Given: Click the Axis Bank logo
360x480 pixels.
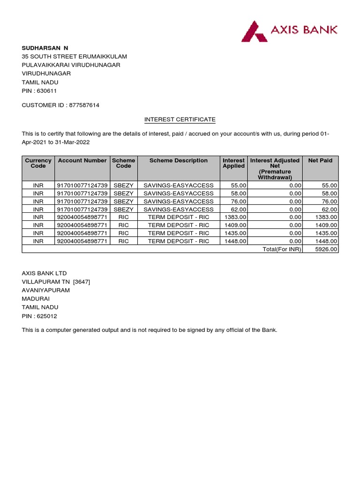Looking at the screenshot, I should pyautogui.click(x=289, y=30).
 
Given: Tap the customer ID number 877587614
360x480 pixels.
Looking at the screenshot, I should pyautogui.click(x=84, y=105).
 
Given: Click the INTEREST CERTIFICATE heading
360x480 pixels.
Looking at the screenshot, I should pyautogui.click(x=180, y=120).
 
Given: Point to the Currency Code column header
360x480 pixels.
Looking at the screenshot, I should pyautogui.click(x=38, y=163).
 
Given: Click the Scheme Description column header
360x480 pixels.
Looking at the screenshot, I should pyautogui.click(x=178, y=160).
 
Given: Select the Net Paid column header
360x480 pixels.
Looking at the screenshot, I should pyautogui.click(x=320, y=160).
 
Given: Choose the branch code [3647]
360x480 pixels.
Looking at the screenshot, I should pyautogui.click(x=82, y=282).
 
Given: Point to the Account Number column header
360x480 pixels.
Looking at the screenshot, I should pyautogui.click(x=82, y=160).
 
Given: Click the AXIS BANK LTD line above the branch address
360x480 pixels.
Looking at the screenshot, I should pyautogui.click(x=45, y=273).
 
